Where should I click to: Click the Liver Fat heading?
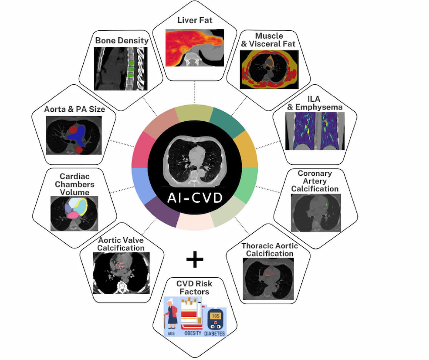click(194, 20)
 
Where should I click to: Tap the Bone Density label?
click(122, 40)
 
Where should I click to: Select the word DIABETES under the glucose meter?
click(215, 334)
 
